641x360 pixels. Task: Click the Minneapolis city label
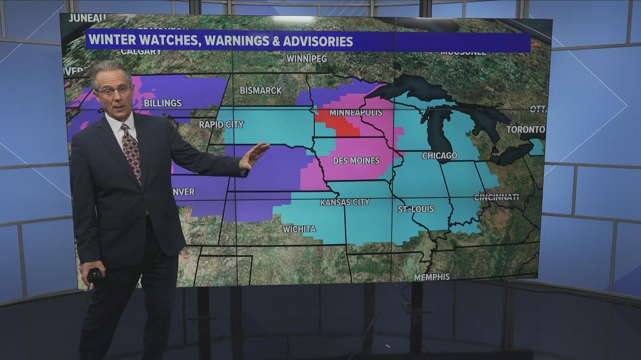pos(356,113)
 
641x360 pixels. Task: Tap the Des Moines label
pos(356,161)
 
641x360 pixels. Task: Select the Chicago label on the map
pos(439,155)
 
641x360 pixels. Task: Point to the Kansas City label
pos(345,202)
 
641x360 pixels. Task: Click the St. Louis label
pos(416,209)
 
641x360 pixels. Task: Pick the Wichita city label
pos(299,229)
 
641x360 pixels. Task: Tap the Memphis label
pos(432,277)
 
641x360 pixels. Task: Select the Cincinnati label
pos(496,197)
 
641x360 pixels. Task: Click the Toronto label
pos(525,130)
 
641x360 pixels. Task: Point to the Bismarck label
pos(261,90)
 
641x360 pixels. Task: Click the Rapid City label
pos(221,125)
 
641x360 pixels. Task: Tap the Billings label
pos(163,103)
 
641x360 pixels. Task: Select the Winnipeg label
pos(307,59)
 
